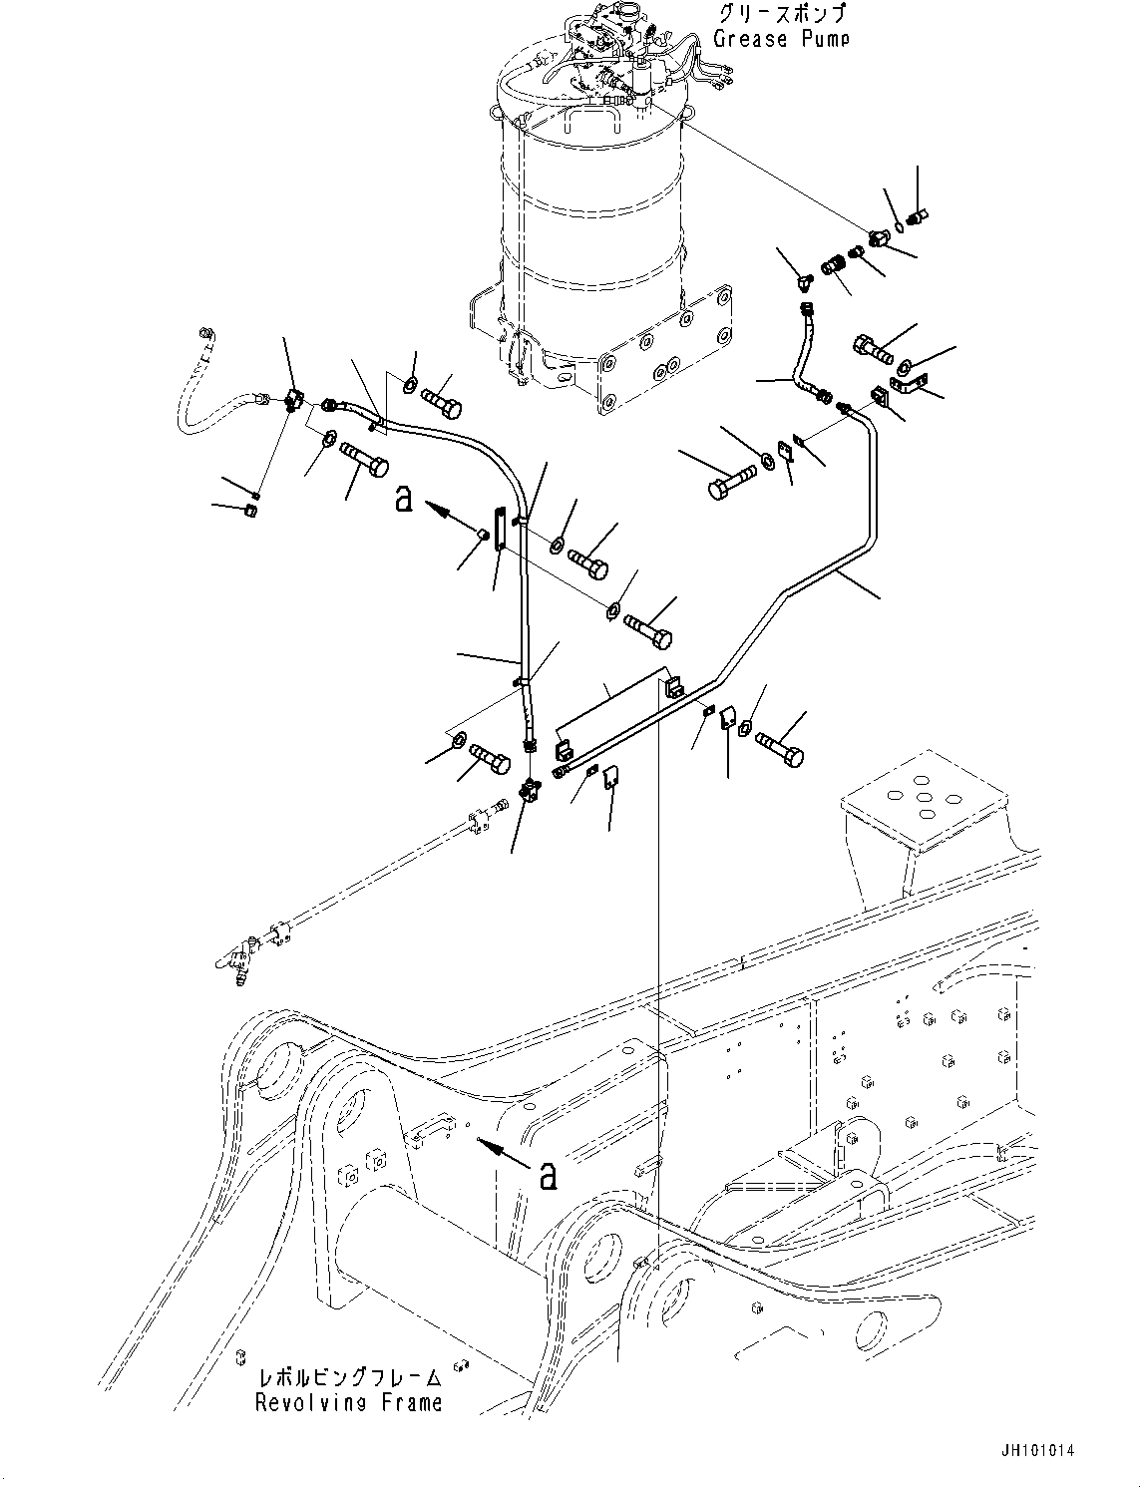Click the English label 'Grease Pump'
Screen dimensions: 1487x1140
point(781,39)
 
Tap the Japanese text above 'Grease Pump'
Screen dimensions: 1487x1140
point(781,14)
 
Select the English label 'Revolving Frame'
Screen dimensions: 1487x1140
point(348,1402)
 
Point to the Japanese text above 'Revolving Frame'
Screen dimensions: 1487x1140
point(348,1377)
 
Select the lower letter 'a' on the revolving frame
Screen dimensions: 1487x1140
point(547,1176)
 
